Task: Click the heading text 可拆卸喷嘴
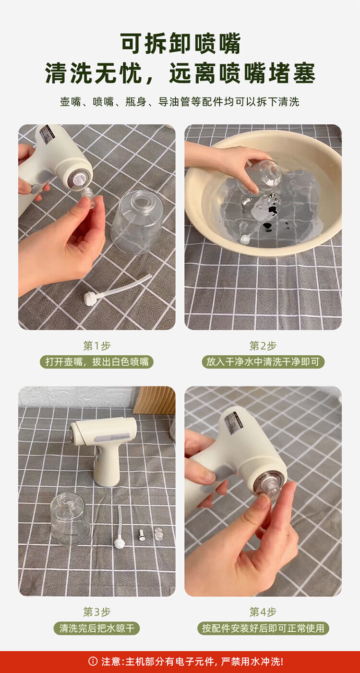point(180,44)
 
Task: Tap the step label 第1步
point(97,346)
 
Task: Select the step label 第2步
point(263,346)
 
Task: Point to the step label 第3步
point(97,612)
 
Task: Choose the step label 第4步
point(263,612)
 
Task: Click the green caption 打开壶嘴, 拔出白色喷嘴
point(97,362)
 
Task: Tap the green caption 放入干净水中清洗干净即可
point(263,362)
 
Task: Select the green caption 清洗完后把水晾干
point(97,628)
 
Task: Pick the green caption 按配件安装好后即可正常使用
point(263,628)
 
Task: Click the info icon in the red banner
point(93,661)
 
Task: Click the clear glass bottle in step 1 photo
point(137,221)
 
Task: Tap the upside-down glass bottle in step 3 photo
point(70,518)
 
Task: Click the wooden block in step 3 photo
point(155,400)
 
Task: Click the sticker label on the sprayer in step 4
point(232,424)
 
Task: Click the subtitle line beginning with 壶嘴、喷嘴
point(180,102)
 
